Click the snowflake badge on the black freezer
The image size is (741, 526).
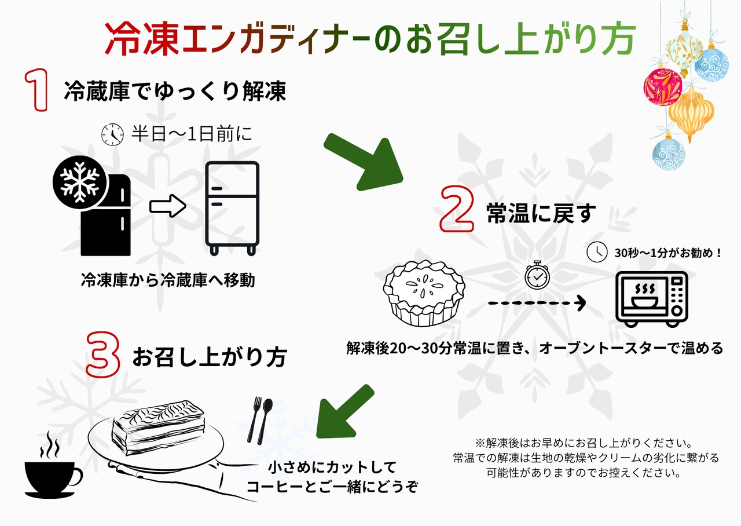[79, 182]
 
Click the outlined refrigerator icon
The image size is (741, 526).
[232, 208]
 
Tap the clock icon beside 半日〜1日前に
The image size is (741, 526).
[112, 134]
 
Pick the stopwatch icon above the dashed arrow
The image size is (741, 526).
[536, 275]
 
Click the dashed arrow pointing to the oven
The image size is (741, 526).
[536, 303]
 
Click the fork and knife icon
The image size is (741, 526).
[261, 420]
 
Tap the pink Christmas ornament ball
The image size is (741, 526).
[664, 86]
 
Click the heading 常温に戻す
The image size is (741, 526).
[541, 214]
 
